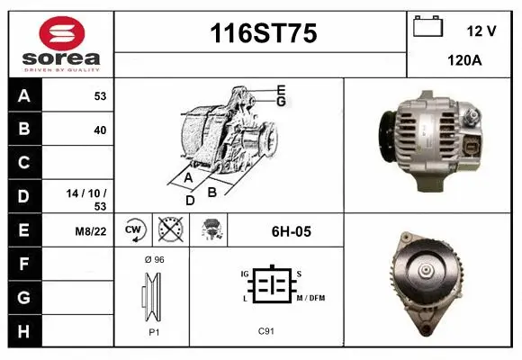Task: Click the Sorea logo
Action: (x=60, y=42)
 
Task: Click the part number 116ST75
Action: (x=262, y=34)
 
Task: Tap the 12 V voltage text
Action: (x=481, y=31)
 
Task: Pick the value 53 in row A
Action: (x=100, y=96)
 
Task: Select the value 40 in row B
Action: (x=100, y=130)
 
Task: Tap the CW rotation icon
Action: (x=134, y=230)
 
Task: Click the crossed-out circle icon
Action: (x=169, y=230)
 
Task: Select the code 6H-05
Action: (x=291, y=231)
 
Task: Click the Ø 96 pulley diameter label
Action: (x=153, y=259)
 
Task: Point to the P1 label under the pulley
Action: (x=152, y=331)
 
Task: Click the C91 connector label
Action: (x=266, y=331)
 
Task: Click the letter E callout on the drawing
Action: (x=281, y=89)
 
